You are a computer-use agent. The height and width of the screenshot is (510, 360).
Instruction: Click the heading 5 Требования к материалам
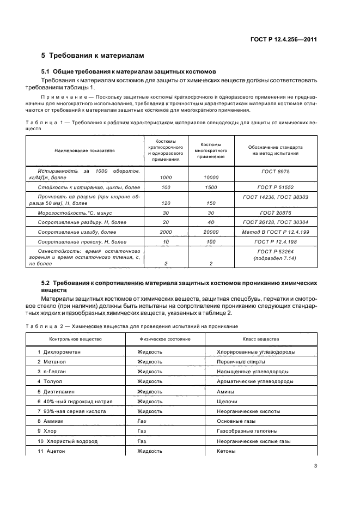(93, 56)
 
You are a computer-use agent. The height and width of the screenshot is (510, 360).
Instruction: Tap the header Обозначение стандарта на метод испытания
(275, 150)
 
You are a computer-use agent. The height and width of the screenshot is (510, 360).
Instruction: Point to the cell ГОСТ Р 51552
(275, 187)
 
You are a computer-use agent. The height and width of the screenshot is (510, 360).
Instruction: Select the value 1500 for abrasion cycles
(210, 187)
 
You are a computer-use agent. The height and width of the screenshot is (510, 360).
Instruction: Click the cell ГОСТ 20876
(275, 213)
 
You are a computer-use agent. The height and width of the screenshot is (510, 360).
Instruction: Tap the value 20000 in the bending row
(210, 232)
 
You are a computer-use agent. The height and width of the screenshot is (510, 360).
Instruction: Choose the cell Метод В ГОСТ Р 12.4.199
(275, 232)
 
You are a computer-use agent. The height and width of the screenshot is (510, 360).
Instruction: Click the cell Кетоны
(227, 451)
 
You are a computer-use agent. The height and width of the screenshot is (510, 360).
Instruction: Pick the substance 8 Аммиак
(52, 421)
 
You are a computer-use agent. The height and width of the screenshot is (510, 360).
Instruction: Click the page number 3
(315, 466)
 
